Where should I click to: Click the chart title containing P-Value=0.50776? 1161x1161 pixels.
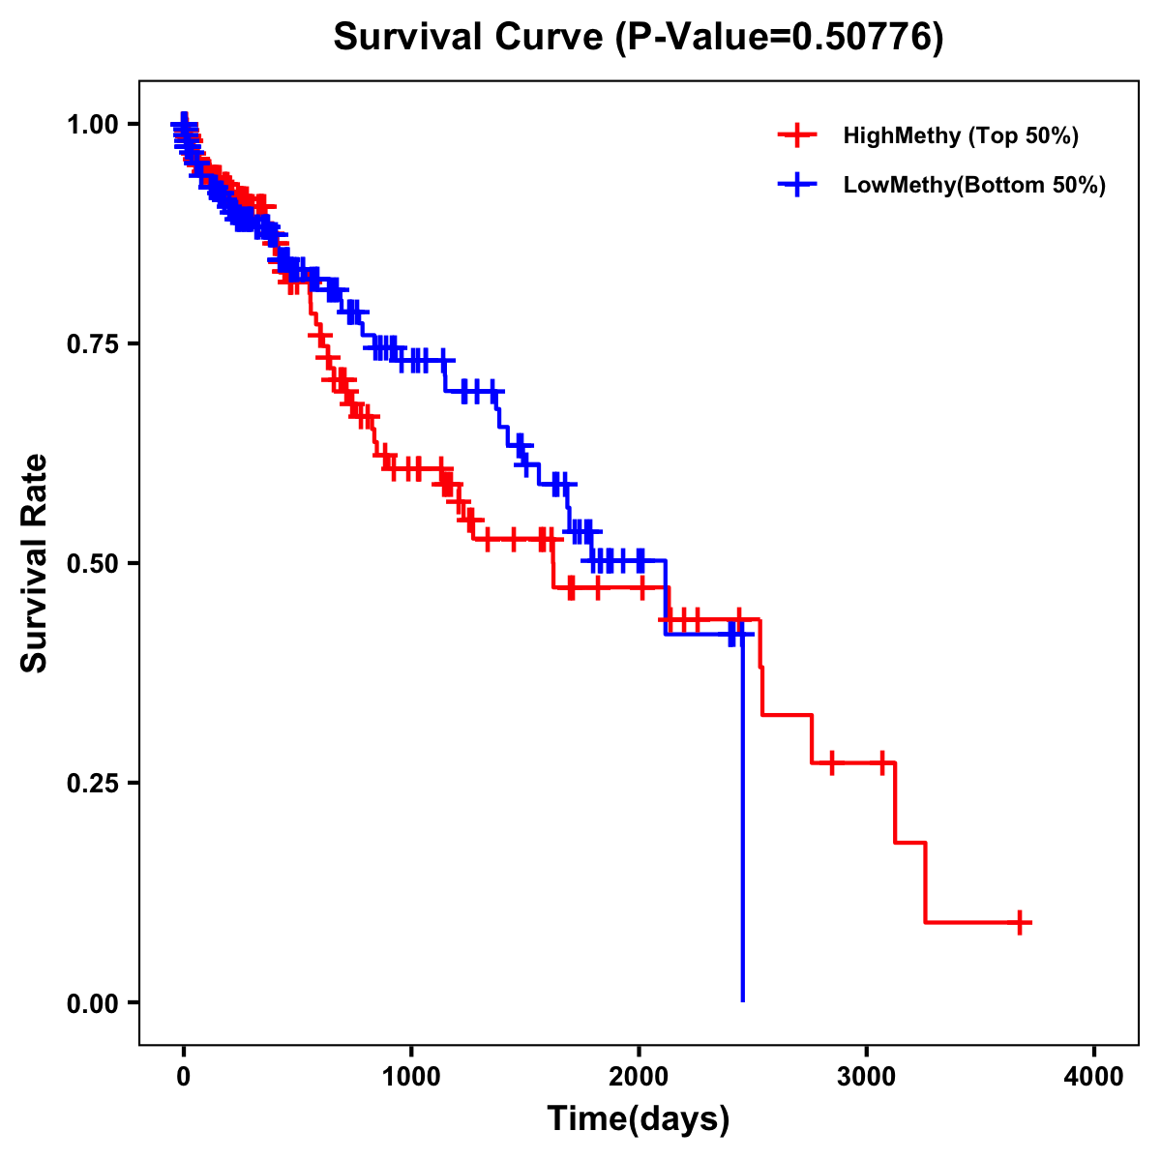pos(638,37)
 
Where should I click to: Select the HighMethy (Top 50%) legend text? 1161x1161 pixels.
pos(960,135)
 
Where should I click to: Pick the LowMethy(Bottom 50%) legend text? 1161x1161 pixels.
pos(973,185)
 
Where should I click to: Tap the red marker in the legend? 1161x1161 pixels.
pos(797,135)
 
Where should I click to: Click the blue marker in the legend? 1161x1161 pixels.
pos(797,185)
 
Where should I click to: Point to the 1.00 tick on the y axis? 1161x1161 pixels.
pos(92,124)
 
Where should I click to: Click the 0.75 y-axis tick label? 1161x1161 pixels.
pos(92,343)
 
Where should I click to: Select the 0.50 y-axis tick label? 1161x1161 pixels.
pos(92,563)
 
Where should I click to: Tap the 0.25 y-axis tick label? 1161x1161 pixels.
pos(92,783)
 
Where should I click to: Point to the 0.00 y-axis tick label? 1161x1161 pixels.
pos(92,1002)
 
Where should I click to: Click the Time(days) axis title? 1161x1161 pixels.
pos(639,1119)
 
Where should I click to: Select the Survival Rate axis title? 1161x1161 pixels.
pos(35,563)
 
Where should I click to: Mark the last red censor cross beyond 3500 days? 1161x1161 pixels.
pos(1020,922)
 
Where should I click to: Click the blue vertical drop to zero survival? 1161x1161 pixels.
pos(742,822)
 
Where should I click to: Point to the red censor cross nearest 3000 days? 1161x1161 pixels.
pos(882,762)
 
